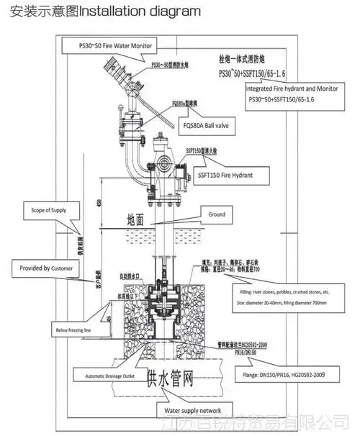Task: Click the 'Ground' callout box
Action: pos(217,214)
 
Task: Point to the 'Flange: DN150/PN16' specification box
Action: pos(284,374)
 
